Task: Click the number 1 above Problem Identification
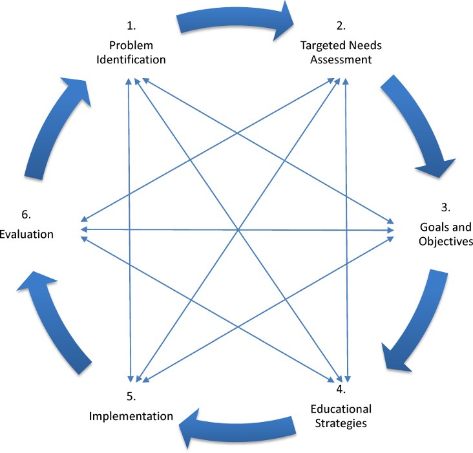[x=131, y=26]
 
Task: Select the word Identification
[x=137, y=59]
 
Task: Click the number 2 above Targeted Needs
[x=341, y=26]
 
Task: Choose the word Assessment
[x=341, y=60]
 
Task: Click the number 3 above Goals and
[x=445, y=207]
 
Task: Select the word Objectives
[x=446, y=242]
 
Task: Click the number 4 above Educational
[x=341, y=390]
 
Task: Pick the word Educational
[x=341, y=408]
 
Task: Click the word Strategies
[x=341, y=423]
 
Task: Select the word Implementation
[x=131, y=416]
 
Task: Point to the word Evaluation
[x=26, y=234]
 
